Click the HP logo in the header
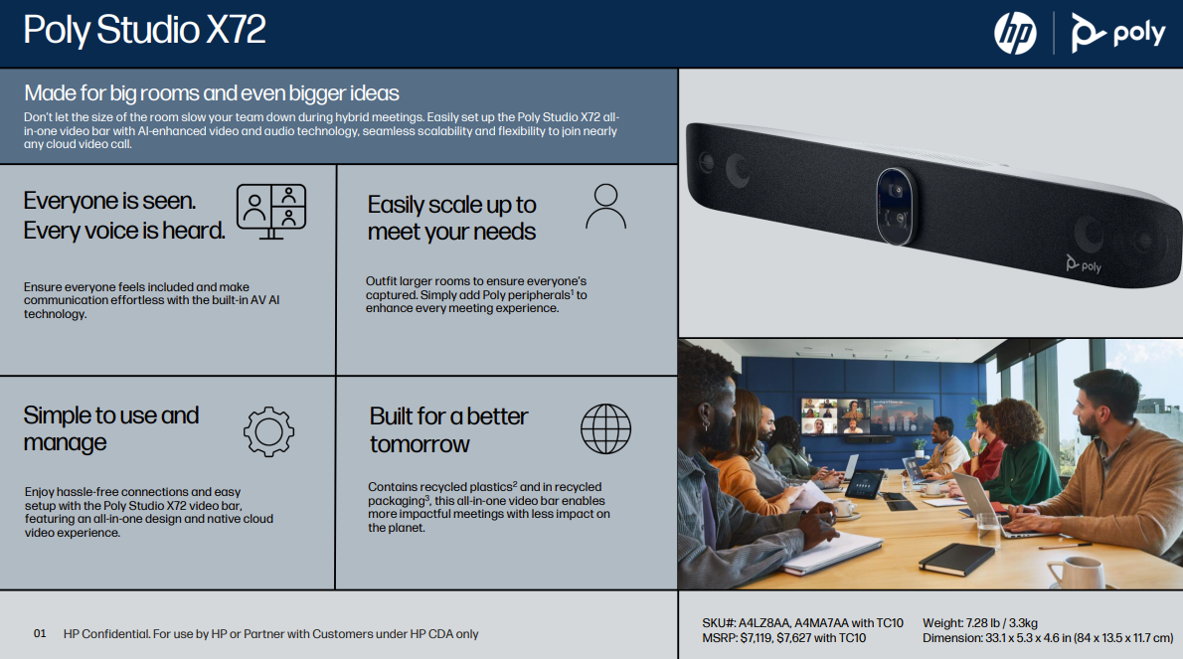pos(1015,33)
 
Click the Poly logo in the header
pos(1118,33)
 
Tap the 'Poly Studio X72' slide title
pos(144,30)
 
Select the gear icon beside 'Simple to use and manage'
pos(268,432)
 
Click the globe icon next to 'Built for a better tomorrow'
pos(605,429)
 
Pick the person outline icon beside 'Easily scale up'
pos(605,206)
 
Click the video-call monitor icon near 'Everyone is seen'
pos(271,211)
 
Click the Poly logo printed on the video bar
pos(1084,264)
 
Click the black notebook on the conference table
pos(956,559)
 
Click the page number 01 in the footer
pos(40,633)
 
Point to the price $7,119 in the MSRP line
pos(756,638)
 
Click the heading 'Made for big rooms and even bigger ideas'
pos(211,92)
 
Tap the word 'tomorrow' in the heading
pos(420,444)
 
